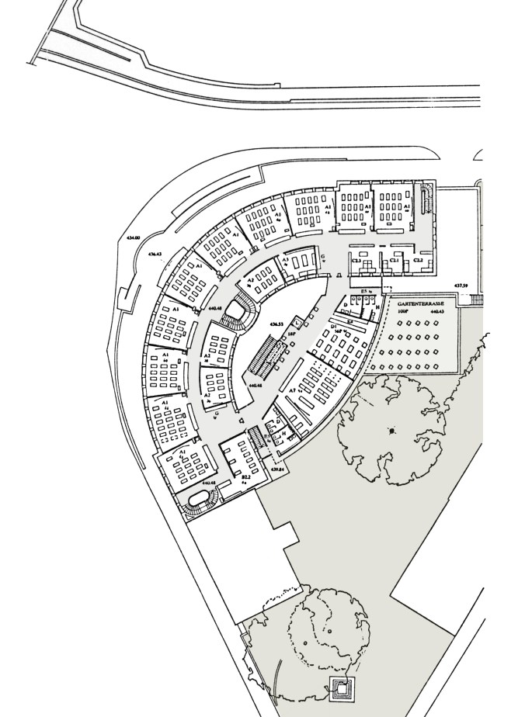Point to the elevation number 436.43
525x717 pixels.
[154, 254]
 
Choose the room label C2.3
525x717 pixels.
[357, 262]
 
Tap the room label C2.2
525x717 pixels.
[418, 262]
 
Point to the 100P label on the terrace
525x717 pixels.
[403, 311]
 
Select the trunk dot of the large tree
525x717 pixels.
[393, 431]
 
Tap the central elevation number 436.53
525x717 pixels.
[276, 323]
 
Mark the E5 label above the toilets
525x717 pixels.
[363, 291]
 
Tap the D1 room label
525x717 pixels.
[334, 328]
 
